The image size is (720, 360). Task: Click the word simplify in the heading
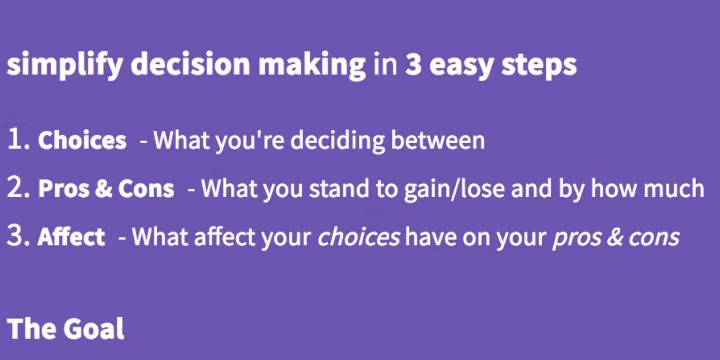[x=65, y=65]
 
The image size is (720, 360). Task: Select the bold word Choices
[x=82, y=140]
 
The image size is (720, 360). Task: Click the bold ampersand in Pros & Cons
[x=104, y=188]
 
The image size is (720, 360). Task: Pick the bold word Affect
[x=71, y=237]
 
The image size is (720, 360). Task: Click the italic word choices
[x=358, y=237]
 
